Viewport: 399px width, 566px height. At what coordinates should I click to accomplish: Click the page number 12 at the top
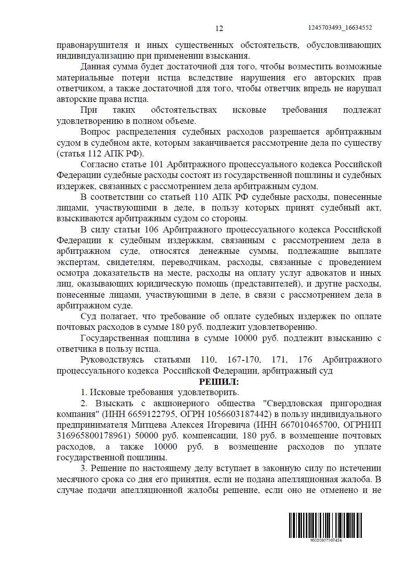[x=219, y=28]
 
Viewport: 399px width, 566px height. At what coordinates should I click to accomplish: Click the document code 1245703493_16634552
[x=340, y=28]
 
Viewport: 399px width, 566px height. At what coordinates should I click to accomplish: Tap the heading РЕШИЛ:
[x=219, y=382]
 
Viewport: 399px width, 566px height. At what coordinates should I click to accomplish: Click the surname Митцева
[x=149, y=425]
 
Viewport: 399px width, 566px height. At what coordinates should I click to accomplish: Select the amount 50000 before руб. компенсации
[x=147, y=436]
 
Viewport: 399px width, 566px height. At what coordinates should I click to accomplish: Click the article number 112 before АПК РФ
[x=95, y=154]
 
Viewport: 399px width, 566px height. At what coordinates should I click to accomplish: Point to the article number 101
[x=157, y=164]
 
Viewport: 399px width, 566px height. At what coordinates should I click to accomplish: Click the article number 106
[x=152, y=230]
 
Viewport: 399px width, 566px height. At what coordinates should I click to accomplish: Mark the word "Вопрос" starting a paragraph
[x=95, y=132]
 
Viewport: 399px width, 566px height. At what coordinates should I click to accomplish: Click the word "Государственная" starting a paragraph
[x=114, y=339]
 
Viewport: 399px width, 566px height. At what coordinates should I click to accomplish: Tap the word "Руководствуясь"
[x=112, y=360]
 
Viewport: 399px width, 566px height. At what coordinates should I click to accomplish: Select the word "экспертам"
[x=78, y=263]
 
